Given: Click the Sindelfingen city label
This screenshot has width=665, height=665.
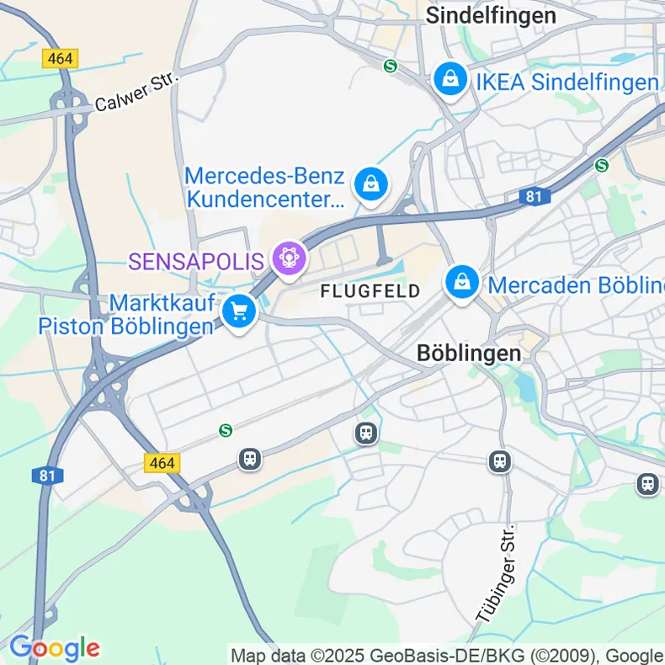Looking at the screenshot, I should click(x=491, y=15).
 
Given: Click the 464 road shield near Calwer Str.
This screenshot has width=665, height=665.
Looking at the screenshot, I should click(x=60, y=58).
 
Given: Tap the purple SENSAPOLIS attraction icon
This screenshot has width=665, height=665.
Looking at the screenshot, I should click(x=290, y=256).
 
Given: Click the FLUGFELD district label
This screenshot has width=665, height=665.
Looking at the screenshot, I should click(x=370, y=291).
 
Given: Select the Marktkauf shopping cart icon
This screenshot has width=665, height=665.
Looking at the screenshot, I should click(x=240, y=311).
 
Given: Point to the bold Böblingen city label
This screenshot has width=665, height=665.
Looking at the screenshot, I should click(x=469, y=354).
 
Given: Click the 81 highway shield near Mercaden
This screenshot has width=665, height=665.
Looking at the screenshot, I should click(x=533, y=196).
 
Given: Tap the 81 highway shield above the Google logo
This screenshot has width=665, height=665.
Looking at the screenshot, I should click(x=48, y=476).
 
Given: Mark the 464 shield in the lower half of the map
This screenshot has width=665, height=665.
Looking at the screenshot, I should click(x=162, y=463).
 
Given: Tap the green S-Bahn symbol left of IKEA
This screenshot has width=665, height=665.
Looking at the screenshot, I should click(x=389, y=66).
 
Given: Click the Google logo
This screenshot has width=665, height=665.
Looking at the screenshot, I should click(x=55, y=648).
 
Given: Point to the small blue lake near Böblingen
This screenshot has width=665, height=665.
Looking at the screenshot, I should click(x=525, y=386).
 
